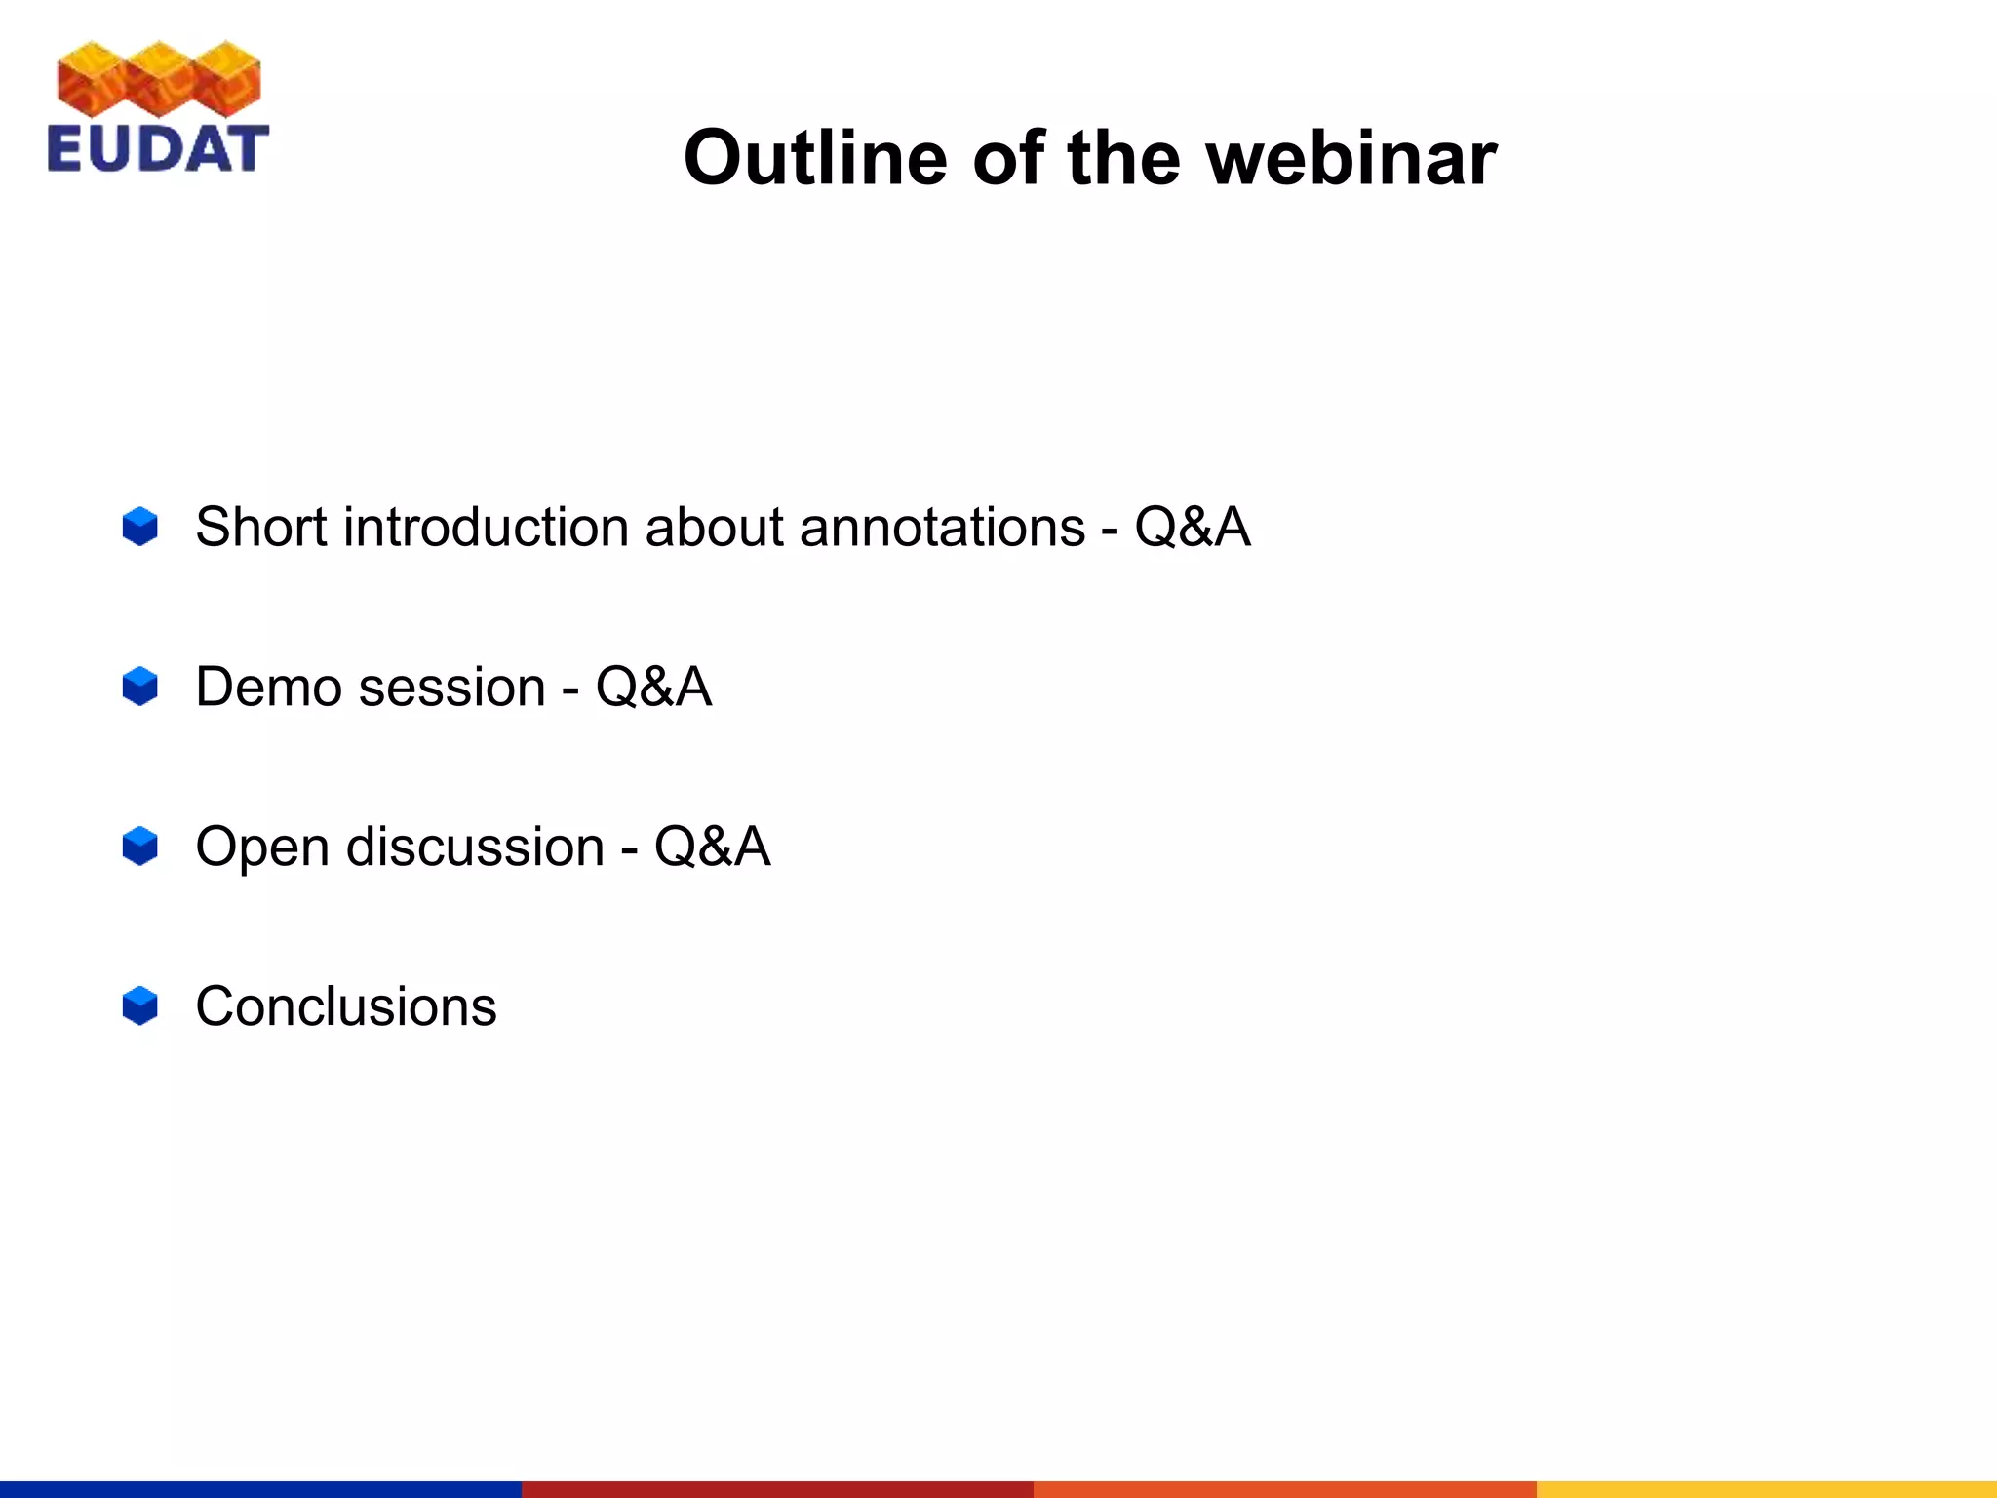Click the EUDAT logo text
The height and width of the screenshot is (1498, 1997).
[157, 149]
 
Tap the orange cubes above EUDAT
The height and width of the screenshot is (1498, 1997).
[159, 78]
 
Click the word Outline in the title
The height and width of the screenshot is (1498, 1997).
[814, 158]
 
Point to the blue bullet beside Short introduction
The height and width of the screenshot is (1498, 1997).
[140, 527]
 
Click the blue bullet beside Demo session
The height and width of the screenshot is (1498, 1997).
[140, 687]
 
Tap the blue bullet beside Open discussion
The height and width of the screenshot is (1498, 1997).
[140, 846]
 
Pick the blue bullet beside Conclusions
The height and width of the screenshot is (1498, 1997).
[140, 1005]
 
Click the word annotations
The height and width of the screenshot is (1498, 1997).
[942, 528]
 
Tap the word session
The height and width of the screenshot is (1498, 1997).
[451, 687]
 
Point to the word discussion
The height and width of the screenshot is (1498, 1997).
[475, 847]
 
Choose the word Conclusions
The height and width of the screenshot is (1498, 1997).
[346, 1006]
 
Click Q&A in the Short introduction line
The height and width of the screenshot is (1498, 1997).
[1192, 528]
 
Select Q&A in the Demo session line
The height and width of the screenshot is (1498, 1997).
[653, 687]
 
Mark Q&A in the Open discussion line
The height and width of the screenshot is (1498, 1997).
[712, 847]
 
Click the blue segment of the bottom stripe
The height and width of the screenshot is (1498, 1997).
[260, 1489]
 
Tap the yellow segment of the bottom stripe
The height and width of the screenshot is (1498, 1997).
[1766, 1489]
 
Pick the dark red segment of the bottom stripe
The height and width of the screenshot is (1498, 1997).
[777, 1489]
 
